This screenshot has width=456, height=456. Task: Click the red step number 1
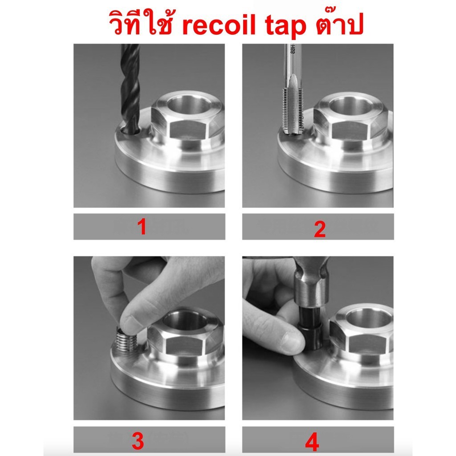[x=142, y=227]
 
